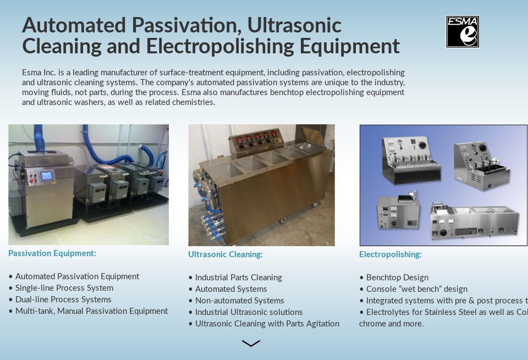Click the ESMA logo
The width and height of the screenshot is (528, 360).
click(463, 32)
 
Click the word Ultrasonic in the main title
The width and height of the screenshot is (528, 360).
click(294, 25)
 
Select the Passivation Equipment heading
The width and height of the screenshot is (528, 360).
click(52, 253)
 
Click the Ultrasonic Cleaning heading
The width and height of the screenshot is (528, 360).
click(226, 254)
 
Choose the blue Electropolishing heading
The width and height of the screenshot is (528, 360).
click(391, 254)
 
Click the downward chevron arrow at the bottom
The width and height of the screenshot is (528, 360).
click(251, 343)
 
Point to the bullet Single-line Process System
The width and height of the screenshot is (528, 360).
click(61, 288)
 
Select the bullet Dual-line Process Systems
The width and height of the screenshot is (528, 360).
click(60, 300)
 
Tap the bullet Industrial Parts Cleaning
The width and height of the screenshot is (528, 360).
click(235, 278)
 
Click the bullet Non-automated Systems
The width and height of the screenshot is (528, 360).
click(236, 301)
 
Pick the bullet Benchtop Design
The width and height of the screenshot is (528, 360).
click(394, 278)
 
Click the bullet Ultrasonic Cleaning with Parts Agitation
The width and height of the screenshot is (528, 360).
click(264, 324)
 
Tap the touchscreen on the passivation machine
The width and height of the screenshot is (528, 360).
click(46, 175)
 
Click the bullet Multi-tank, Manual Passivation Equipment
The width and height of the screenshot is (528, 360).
click(88, 311)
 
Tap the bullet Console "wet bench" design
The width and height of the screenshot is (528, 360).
click(414, 289)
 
